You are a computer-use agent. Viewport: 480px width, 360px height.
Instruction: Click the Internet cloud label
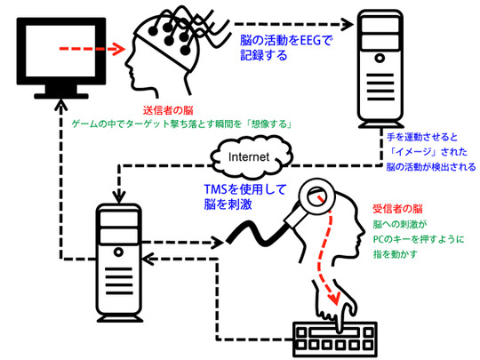[x=249, y=157]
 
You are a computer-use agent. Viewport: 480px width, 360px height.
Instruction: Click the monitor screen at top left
[x=60, y=51]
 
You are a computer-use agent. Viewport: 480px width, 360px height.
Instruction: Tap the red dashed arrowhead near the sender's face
[x=118, y=49]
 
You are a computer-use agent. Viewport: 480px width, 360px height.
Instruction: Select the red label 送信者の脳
[x=168, y=110]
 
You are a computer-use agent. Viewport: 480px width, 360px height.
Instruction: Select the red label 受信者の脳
[x=397, y=209]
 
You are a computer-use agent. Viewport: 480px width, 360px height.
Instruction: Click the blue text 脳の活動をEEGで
[x=286, y=40]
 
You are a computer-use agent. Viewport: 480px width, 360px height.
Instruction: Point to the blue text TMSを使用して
[x=245, y=189]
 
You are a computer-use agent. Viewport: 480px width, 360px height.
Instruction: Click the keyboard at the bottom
[x=335, y=339]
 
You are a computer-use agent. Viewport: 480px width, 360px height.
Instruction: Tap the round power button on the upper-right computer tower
[x=380, y=58]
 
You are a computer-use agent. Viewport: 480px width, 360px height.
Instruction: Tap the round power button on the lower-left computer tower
[x=118, y=252]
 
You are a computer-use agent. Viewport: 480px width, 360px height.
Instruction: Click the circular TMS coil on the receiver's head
[x=317, y=196]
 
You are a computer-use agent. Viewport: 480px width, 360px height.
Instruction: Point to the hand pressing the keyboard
[x=335, y=306]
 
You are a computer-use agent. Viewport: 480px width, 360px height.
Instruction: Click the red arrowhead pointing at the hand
[x=335, y=298]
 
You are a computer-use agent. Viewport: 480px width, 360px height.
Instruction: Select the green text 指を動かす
[x=396, y=254]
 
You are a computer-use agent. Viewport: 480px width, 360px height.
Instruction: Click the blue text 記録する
[x=264, y=55]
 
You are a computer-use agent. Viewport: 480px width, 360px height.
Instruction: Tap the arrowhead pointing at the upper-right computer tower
[x=348, y=24]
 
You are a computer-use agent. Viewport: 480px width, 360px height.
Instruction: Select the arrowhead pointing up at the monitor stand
[x=61, y=105]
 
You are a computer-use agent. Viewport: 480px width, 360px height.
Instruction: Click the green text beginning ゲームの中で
[x=181, y=124]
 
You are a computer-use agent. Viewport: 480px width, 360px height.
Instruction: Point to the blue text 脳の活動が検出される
[x=431, y=167]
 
